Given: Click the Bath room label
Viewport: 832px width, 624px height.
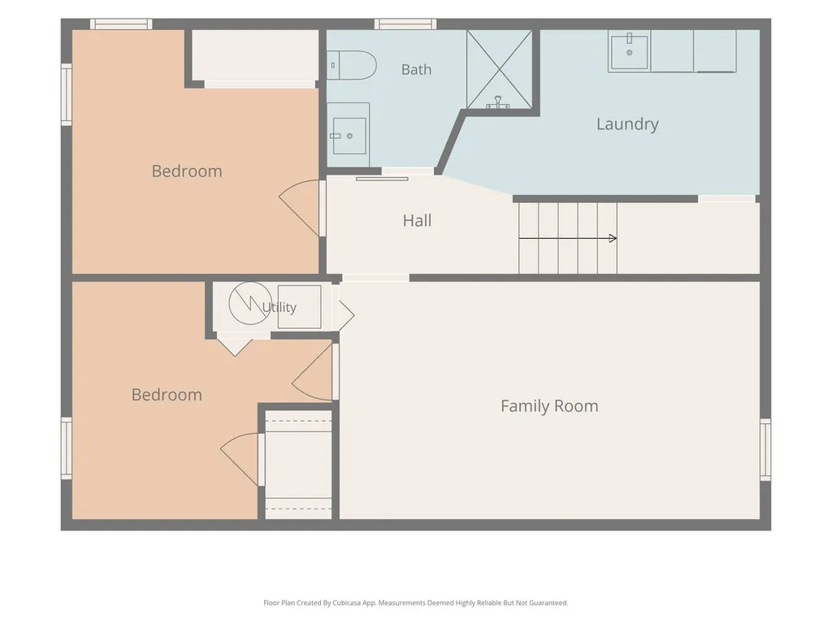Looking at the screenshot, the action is tap(416, 70).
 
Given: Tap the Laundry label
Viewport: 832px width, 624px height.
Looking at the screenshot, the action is tap(627, 124).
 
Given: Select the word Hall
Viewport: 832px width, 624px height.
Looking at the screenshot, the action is tap(417, 220).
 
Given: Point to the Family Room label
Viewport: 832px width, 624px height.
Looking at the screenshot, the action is tap(549, 406).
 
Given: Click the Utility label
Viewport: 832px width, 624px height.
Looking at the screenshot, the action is tap(279, 307).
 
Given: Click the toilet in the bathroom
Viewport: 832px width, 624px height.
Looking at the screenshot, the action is tap(351, 65).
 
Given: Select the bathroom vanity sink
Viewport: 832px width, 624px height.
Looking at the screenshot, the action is tap(348, 135).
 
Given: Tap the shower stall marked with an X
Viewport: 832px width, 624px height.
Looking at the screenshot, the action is tap(499, 70).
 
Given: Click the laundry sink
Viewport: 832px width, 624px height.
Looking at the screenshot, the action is tap(630, 51).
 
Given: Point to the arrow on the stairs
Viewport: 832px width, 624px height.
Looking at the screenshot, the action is tap(568, 238).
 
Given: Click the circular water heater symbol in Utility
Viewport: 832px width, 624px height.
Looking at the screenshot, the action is tap(250, 303).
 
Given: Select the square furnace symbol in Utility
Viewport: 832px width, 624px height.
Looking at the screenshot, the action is tap(299, 306).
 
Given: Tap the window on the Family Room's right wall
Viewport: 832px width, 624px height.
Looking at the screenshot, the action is tap(765, 448).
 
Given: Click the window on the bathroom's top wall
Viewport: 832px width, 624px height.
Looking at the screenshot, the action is tap(405, 24).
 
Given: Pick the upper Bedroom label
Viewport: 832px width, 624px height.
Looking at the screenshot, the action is tap(187, 171).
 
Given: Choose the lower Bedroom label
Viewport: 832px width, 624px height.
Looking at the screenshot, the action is tap(167, 395).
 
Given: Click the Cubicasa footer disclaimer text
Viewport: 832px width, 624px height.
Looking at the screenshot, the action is tap(415, 603).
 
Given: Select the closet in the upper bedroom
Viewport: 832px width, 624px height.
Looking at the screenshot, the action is tap(254, 56).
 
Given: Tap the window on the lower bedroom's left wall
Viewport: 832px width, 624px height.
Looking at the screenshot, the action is tap(67, 448).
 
